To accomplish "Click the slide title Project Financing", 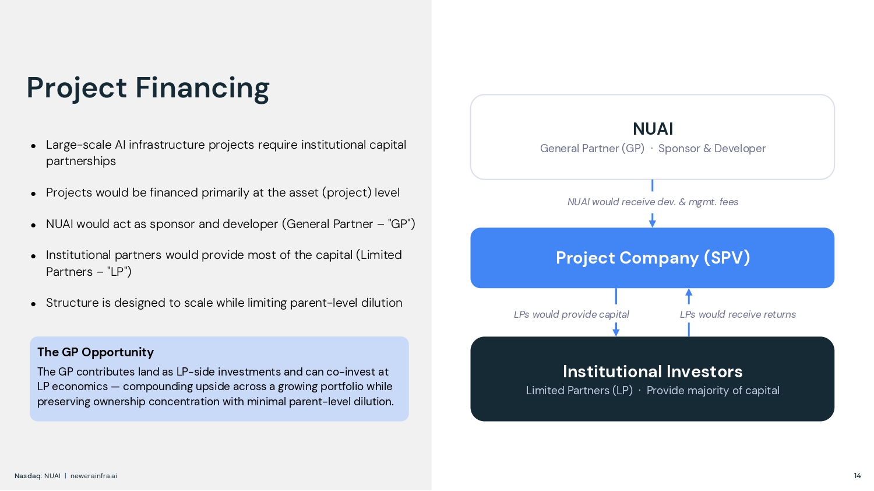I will pyautogui.click(x=148, y=88).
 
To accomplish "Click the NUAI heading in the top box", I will pyautogui.click(x=653, y=129).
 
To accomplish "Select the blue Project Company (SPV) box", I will pyautogui.click(x=653, y=258).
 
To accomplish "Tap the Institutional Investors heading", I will pyautogui.click(x=653, y=371).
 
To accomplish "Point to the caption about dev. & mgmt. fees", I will pyautogui.click(x=653, y=202).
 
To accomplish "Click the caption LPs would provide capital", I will pyautogui.click(x=571, y=314).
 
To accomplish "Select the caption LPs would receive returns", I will pyautogui.click(x=737, y=314).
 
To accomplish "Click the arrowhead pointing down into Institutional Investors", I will pyautogui.click(x=616, y=332).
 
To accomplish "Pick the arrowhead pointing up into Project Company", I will pyautogui.click(x=689, y=293).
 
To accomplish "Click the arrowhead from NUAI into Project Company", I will pyautogui.click(x=653, y=223).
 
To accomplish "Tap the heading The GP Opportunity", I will pyautogui.click(x=96, y=352).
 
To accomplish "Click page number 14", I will pyautogui.click(x=857, y=476).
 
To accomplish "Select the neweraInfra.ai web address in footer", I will pyautogui.click(x=94, y=476).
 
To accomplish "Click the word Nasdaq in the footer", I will pyautogui.click(x=27, y=476).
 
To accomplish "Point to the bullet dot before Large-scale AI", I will pyautogui.click(x=34, y=146).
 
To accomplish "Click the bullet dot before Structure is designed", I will pyautogui.click(x=34, y=304).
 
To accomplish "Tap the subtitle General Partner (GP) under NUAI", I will pyautogui.click(x=592, y=149).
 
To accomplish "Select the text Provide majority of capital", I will pyautogui.click(x=713, y=391).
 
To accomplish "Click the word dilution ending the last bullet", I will pyautogui.click(x=382, y=303).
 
